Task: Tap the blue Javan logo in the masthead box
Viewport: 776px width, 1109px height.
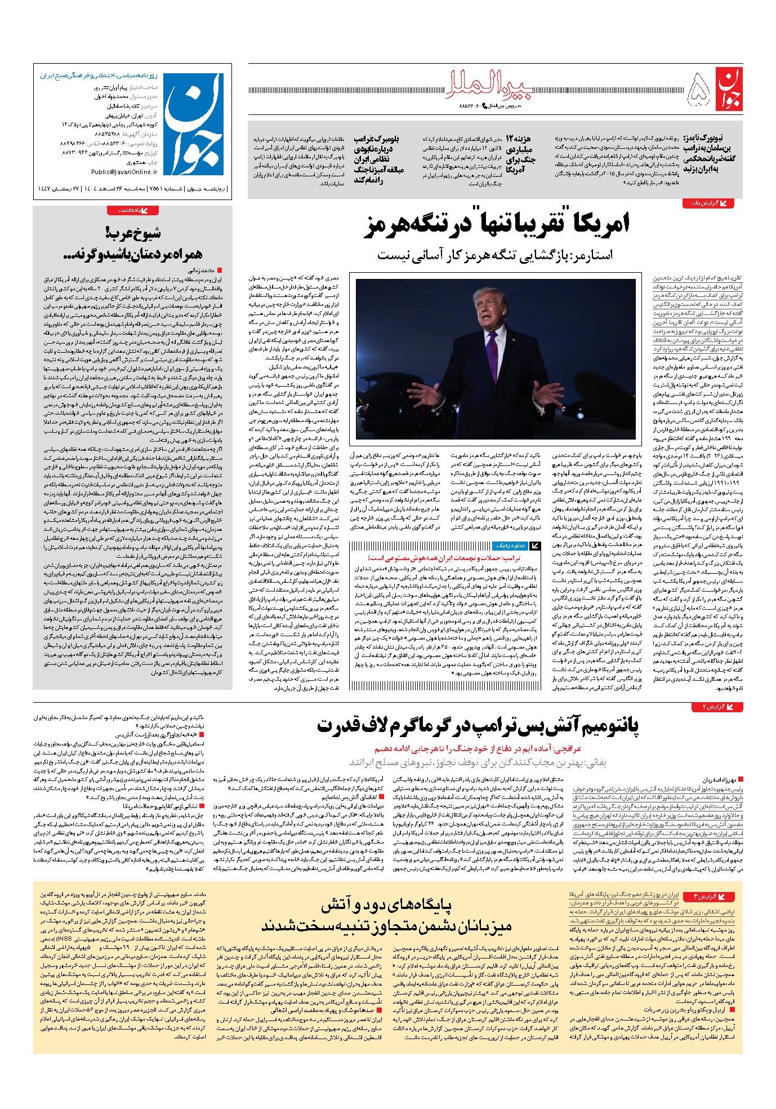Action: tap(194, 126)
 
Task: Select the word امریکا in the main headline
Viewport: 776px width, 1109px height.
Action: tap(602, 224)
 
